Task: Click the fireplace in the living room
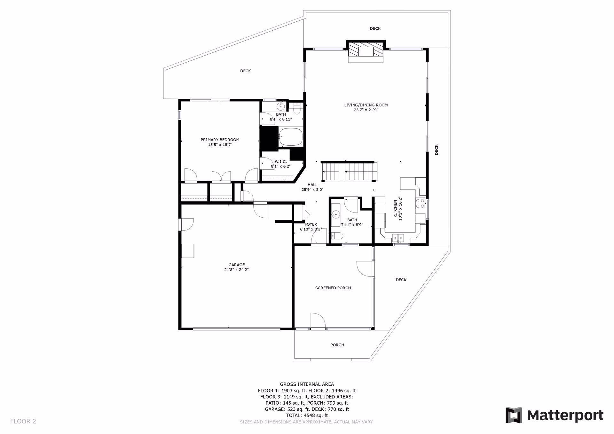(366, 51)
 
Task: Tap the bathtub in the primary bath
(290, 137)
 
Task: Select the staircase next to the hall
(350, 172)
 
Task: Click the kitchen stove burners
(420, 204)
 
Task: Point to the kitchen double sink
(398, 237)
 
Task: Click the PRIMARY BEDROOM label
(220, 140)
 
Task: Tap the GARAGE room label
(237, 265)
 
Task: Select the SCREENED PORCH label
(333, 288)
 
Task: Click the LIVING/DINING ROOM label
(366, 105)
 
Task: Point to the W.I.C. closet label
(281, 162)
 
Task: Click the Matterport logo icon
(514, 415)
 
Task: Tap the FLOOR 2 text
(23, 421)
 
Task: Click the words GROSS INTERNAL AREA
(307, 384)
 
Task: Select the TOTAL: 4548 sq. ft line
(307, 415)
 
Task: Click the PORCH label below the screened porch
(337, 345)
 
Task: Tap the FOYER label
(311, 224)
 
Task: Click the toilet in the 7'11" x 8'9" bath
(337, 236)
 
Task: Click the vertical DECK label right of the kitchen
(437, 150)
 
